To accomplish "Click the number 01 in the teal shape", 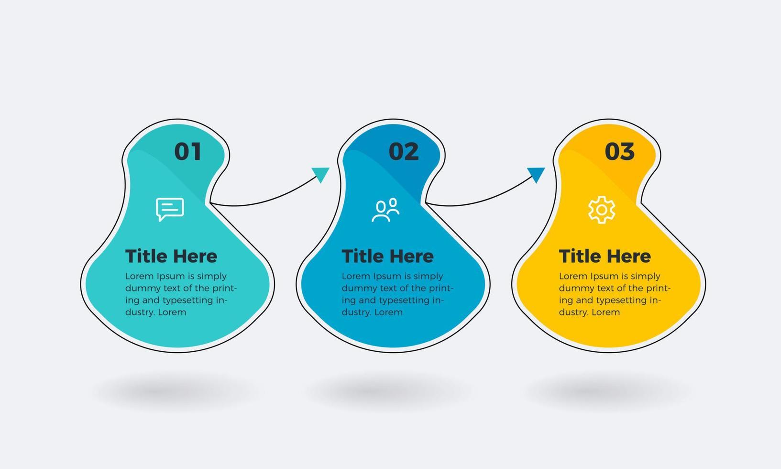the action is [x=187, y=151].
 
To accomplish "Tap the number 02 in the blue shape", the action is [x=403, y=151].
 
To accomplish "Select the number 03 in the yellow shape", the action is [x=619, y=151].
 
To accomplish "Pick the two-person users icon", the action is [x=385, y=210].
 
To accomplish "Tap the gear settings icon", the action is [x=602, y=210].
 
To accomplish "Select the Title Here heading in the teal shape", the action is [x=171, y=256].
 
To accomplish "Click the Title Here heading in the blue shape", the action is [x=388, y=256].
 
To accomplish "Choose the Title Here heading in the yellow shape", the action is [x=605, y=256].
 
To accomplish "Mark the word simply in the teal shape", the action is [x=212, y=277].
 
